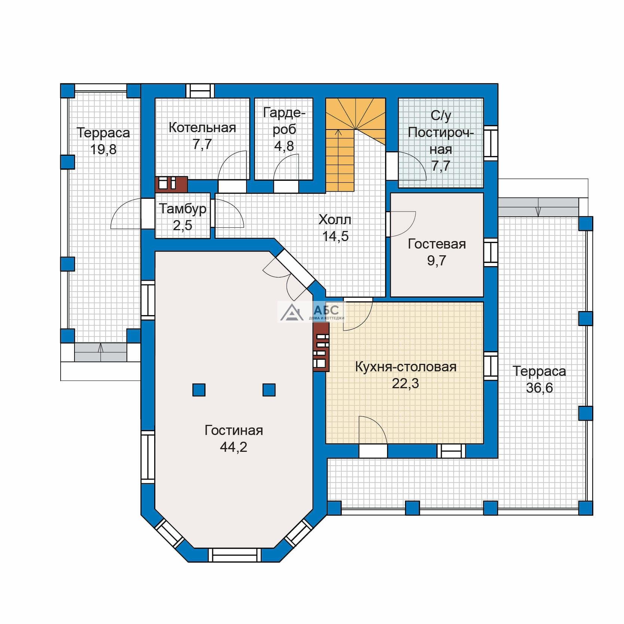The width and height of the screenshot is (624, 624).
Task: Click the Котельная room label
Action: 203,128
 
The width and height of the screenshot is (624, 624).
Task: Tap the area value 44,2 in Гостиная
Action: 234,447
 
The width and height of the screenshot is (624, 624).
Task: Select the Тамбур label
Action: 183,209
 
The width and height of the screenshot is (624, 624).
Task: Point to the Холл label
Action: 335,220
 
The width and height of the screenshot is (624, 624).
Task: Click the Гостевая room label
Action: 437,244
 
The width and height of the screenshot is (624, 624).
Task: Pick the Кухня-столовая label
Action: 405,367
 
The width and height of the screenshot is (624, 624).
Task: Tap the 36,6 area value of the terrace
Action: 539,388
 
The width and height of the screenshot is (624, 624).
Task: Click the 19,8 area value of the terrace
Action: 103,149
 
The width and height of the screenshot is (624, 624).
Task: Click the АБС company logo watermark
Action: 311,312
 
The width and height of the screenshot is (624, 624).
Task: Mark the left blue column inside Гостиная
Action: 199,390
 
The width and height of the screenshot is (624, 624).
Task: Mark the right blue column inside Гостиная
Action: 269,390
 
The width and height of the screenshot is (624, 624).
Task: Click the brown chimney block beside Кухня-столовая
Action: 321,347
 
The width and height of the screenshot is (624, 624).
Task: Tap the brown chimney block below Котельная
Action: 171,184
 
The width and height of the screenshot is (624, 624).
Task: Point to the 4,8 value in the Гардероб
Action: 284,146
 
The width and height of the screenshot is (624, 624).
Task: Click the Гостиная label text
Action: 234,430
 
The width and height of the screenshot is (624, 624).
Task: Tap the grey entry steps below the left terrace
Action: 100,352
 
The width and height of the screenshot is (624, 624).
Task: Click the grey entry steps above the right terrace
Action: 538,207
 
